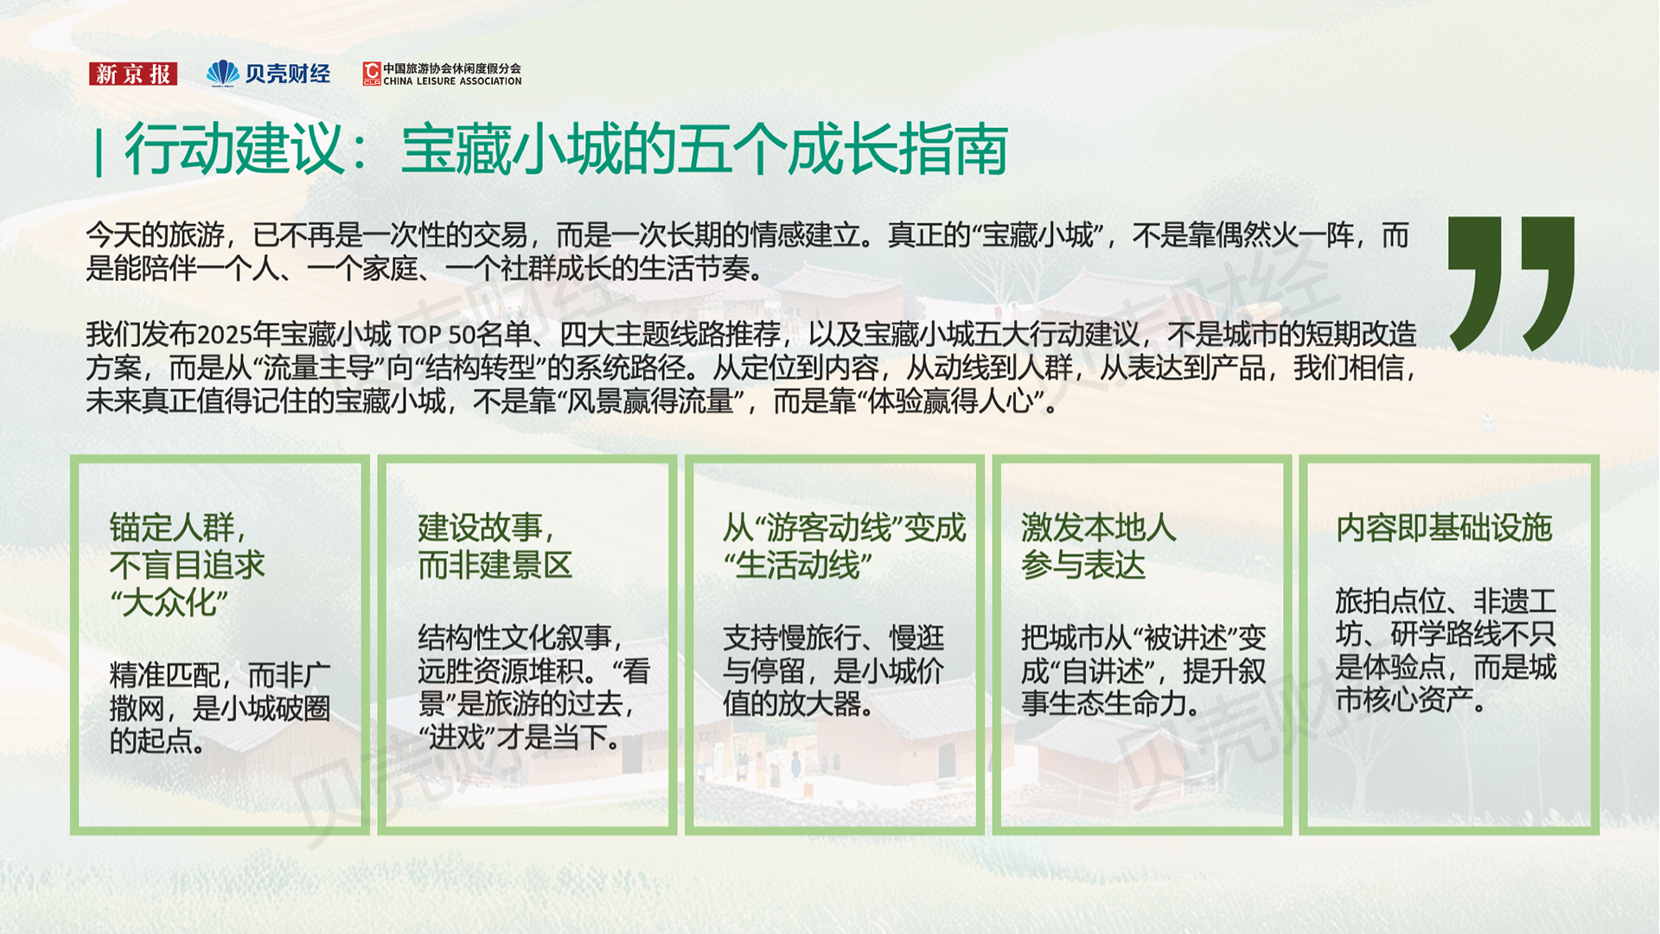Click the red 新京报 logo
[133, 74]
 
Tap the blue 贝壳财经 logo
[268, 74]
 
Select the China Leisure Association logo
[442, 74]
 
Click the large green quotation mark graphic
[1510, 283]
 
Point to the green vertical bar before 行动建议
[99, 152]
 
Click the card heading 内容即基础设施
[1443, 528]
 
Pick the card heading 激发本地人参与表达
[1098, 546]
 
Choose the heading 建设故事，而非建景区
[495, 546]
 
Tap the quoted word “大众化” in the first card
[169, 602]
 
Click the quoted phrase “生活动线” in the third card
[797, 566]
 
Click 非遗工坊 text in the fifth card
[1446, 617]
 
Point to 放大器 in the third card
[822, 704]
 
